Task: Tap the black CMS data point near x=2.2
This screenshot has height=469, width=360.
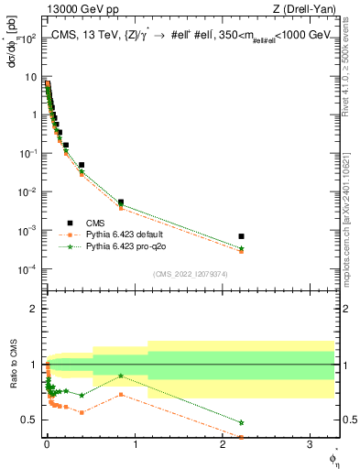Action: (x=241, y=236)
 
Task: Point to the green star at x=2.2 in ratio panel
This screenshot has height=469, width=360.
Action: (x=241, y=422)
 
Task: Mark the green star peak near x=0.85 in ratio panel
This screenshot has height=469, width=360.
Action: (x=121, y=376)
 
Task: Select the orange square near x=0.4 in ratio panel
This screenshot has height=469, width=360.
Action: (x=82, y=412)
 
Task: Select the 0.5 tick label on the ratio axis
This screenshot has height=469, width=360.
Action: (x=29, y=420)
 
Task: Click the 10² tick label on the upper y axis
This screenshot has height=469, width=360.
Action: (x=27, y=39)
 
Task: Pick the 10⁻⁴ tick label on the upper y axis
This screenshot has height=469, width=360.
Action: (x=27, y=268)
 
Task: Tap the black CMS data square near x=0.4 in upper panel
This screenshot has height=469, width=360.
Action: (x=82, y=166)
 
